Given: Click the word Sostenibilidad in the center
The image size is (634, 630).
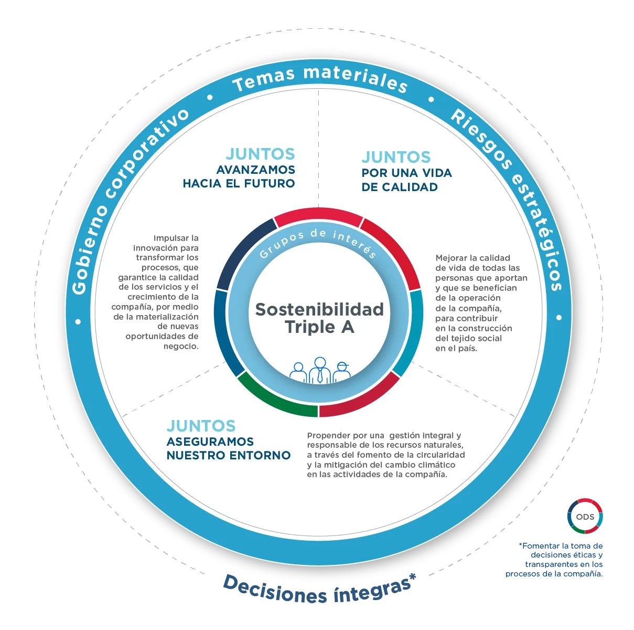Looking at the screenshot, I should point(319,309).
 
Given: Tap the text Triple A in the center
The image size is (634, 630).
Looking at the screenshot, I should point(319,327).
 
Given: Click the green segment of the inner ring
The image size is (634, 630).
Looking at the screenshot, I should point(276,398).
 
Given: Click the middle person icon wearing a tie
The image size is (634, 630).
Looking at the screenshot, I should point(319,371).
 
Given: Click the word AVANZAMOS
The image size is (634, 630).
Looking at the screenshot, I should point(255,170).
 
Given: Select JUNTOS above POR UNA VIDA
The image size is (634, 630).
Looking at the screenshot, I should point(396,157).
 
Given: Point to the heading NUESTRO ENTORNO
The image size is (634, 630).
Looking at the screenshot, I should point(228,455).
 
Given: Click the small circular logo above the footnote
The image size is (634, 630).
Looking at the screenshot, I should point(584,516).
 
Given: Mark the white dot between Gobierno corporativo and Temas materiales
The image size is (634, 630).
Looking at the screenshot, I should point(210,97).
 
